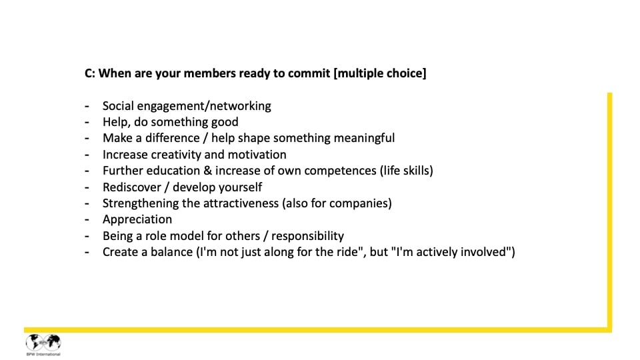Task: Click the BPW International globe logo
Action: pyautogui.click(x=43, y=343)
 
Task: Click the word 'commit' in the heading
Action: pyautogui.click(x=309, y=73)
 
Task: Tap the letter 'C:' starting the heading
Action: pyautogui.click(x=90, y=73)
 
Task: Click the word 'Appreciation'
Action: pyautogui.click(x=137, y=219)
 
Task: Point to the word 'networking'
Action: pyautogui.click(x=238, y=106)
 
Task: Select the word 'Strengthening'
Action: pyautogui.click(x=141, y=203)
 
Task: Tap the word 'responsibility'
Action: pyautogui.click(x=305, y=235)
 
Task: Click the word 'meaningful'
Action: pyautogui.click(x=363, y=138)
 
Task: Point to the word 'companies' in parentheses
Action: pyautogui.click(x=360, y=203)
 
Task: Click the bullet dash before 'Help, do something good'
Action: pyautogui.click(x=87, y=122)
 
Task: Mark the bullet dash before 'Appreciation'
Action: pyautogui.click(x=87, y=219)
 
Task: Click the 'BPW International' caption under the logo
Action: pyautogui.click(x=43, y=354)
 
